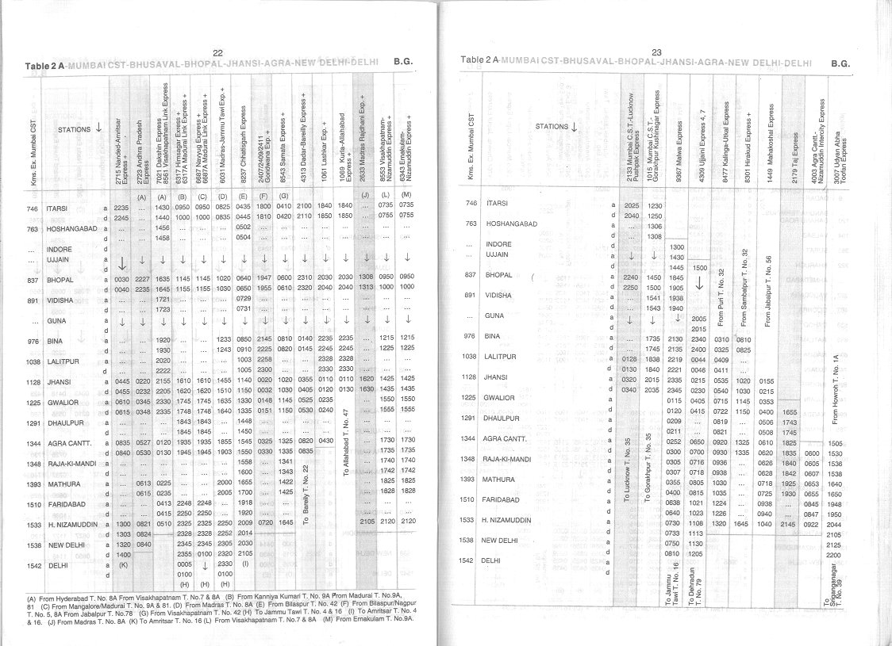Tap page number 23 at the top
click(x=656, y=52)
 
